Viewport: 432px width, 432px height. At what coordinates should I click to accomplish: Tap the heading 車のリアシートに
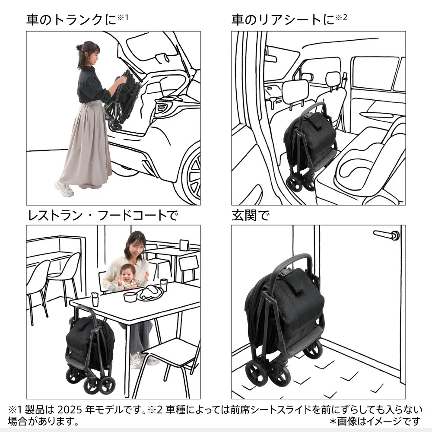[x=283, y=20]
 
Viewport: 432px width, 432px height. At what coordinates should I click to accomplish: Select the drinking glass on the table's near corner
[x=95, y=299]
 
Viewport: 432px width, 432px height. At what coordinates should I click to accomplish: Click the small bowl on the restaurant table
[x=130, y=296]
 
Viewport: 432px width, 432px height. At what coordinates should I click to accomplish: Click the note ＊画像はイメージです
[x=375, y=421]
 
